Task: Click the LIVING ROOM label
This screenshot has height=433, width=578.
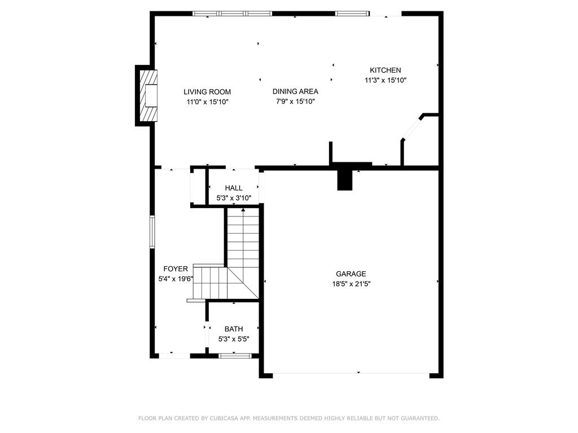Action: coord(207,92)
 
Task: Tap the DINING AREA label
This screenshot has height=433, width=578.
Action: coord(295,92)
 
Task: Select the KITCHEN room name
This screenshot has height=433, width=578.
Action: coord(385,70)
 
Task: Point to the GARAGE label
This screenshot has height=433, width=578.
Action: coord(351,274)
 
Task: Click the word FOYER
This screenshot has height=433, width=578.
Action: coord(176,269)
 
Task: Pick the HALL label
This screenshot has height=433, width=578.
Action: coord(234,188)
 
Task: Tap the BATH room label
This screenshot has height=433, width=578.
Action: coord(234,329)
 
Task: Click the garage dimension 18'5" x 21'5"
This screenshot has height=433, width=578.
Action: coord(351,284)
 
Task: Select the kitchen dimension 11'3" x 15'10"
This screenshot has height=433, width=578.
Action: coord(386,80)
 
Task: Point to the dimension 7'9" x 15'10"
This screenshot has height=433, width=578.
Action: coord(295,101)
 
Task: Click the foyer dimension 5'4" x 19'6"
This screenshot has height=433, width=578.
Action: coord(176,279)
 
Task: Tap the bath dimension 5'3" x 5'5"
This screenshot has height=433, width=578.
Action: coord(234,339)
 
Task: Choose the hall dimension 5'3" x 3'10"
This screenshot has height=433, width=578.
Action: coord(234,198)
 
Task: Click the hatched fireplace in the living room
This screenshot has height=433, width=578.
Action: coord(148,96)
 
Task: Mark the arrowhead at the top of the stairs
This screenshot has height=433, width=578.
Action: coord(243,210)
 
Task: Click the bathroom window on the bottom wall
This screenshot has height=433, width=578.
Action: coord(234,356)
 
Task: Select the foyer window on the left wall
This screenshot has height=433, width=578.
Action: coord(152,232)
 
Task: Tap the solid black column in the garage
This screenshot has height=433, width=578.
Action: coord(345,180)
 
